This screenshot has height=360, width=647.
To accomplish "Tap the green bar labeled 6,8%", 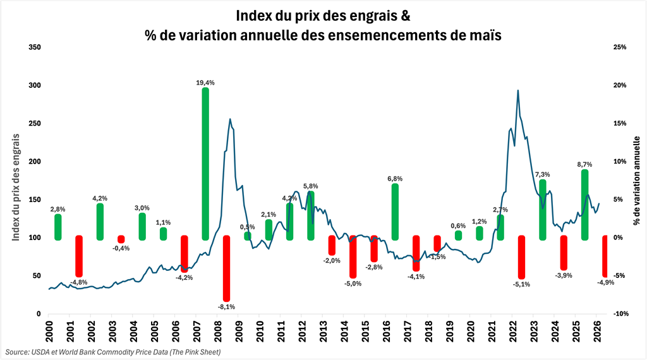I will click(395, 212).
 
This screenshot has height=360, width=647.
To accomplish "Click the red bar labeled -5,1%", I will click(521, 257).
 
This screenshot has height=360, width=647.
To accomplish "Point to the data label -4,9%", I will click(605, 282).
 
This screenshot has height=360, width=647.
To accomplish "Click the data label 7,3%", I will click(542, 174).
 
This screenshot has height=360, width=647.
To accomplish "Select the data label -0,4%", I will click(121, 248).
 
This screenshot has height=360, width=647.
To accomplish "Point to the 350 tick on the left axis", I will click(35, 47).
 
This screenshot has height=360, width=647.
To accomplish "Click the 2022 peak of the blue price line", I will click(518, 90).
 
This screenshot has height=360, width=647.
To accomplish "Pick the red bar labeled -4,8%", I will click(79, 255).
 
